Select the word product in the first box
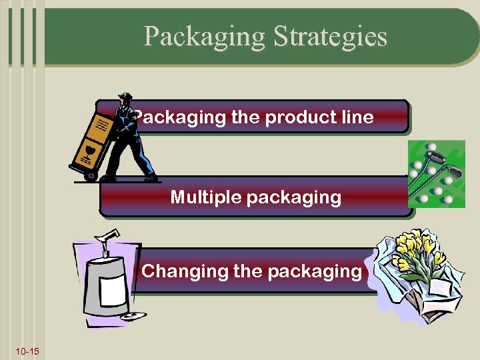(x=299, y=117)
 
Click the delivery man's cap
(x=124, y=95)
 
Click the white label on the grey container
(x=109, y=287)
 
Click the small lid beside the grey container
(x=134, y=316)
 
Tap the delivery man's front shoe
(x=151, y=177)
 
